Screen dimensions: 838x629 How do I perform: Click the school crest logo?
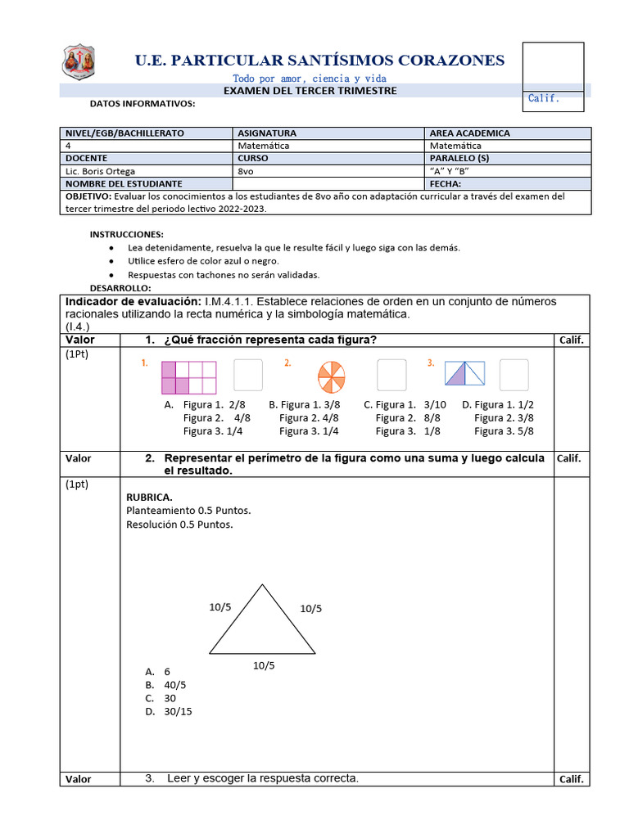(79, 61)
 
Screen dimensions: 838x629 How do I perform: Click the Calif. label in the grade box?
(543, 98)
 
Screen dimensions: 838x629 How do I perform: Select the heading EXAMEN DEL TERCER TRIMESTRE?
(310, 91)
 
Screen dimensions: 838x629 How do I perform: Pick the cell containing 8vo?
(246, 171)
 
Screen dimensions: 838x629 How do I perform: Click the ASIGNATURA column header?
(267, 133)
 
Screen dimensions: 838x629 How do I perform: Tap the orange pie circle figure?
(332, 377)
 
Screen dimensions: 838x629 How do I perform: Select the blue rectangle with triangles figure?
(464, 374)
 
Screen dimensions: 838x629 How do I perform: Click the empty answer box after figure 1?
(248, 375)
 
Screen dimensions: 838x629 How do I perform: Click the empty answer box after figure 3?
(514, 375)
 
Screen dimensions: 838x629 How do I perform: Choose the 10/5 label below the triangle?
(264, 665)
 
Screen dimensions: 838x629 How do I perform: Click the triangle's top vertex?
(262, 584)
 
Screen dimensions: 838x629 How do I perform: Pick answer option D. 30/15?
(171, 711)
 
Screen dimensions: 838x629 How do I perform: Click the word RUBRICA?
(149, 497)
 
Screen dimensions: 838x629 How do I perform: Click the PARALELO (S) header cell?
(459, 158)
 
